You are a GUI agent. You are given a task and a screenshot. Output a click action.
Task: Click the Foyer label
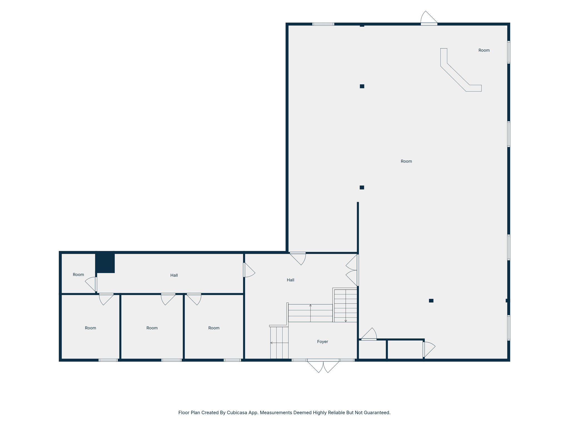pyautogui.click(x=322, y=342)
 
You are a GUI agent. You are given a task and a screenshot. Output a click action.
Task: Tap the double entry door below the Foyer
pyautogui.click(x=323, y=366)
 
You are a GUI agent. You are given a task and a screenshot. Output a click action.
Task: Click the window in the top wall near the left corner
pyautogui.click(x=323, y=24)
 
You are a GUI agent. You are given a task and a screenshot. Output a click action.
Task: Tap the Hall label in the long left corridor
pyautogui.click(x=174, y=275)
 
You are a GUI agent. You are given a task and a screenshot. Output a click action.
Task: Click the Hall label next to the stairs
pyautogui.click(x=290, y=280)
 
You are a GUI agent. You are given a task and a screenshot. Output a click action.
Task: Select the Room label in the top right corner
pyautogui.click(x=484, y=50)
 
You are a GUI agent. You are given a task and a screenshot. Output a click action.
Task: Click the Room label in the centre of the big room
pyautogui.click(x=406, y=161)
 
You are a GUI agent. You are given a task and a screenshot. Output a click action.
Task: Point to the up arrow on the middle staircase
pyautogui.click(x=310, y=306)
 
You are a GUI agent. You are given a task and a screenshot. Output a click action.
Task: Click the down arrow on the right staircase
pyautogui.click(x=346, y=321)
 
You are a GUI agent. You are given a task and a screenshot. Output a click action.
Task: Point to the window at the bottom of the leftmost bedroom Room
pyautogui.click(x=108, y=360)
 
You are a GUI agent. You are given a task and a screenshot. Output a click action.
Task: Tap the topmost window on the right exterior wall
pyautogui.click(x=508, y=52)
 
